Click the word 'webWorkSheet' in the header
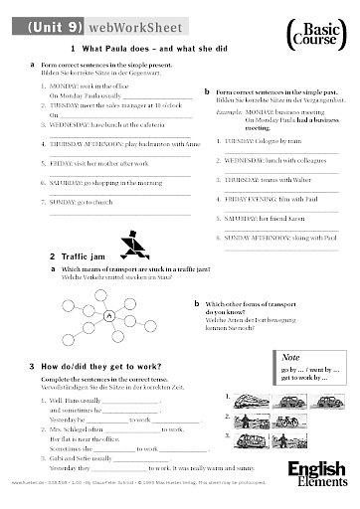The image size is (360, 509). point(117,22)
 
